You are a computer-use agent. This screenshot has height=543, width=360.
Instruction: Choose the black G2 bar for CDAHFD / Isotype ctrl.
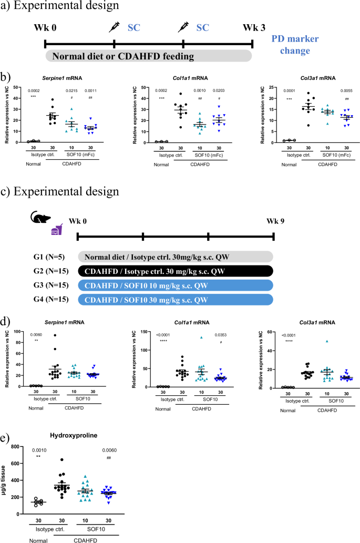(x=176, y=271)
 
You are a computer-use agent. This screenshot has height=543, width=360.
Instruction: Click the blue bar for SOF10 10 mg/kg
(x=176, y=285)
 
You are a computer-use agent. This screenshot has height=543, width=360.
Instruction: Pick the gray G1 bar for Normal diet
(x=176, y=257)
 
